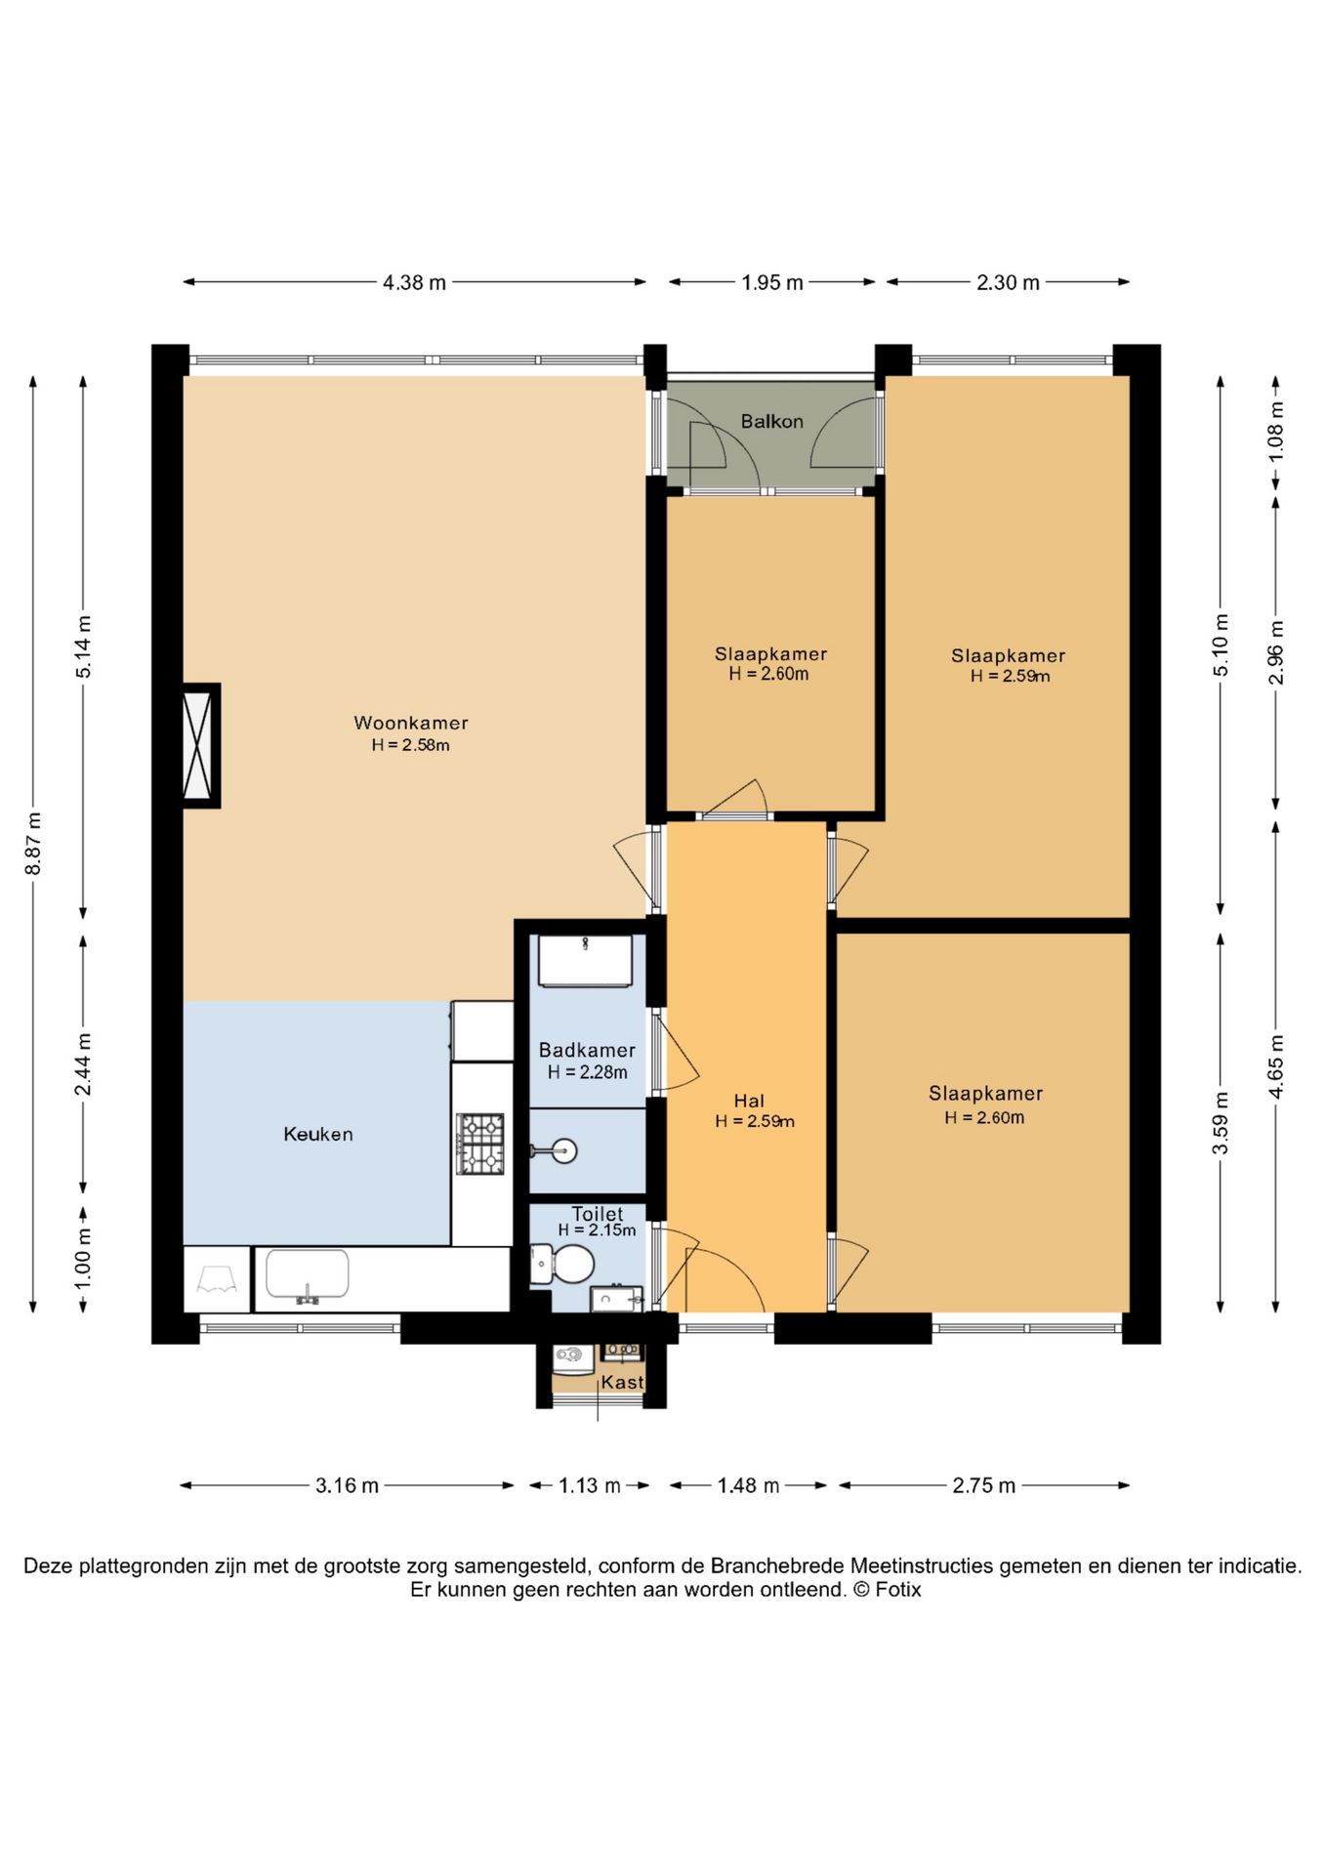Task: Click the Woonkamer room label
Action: [x=410, y=723]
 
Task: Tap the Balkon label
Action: [x=771, y=421]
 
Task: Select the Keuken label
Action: [x=317, y=1134]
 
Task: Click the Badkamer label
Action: [x=587, y=1050]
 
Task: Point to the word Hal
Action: [x=749, y=1101]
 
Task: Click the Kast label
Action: [x=622, y=1382]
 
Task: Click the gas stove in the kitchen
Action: [x=480, y=1144]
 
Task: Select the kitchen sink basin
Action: [x=308, y=1275]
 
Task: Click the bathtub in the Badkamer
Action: [x=586, y=961]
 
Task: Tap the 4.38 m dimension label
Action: [x=414, y=282]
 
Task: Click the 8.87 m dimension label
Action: [x=34, y=844]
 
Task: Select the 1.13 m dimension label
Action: [x=590, y=1485]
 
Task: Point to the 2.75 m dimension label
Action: [x=984, y=1485]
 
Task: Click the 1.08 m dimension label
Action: [x=1276, y=433]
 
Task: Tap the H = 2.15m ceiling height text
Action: [x=597, y=1230]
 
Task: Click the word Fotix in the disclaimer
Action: [x=898, y=1589]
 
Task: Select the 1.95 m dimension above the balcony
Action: [x=771, y=282]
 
